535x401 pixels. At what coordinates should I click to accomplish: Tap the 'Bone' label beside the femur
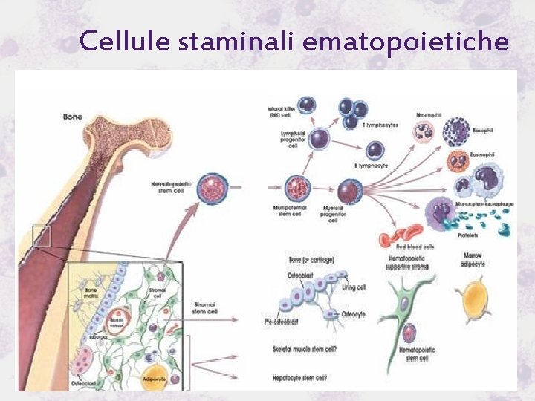click(73, 117)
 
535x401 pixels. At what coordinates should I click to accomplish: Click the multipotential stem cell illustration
click(297, 189)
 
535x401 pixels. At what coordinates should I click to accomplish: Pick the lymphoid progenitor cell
click(320, 139)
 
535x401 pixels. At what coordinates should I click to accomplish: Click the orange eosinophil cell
click(458, 162)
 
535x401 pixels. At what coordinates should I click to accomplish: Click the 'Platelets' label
click(488, 237)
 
